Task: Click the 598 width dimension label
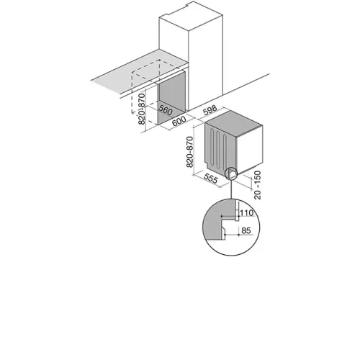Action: point(210,110)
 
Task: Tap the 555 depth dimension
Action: point(211,179)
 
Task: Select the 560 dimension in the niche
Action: point(165,110)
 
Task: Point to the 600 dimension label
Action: point(179,121)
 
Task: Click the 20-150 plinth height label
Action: point(257,185)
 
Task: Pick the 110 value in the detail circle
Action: point(246,212)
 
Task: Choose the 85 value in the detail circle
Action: point(246,230)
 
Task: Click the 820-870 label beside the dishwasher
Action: point(189,152)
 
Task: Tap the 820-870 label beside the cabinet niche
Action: point(142,109)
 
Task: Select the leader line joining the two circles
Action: point(231,189)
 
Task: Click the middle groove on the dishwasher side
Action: point(218,150)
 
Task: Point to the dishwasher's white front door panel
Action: point(249,149)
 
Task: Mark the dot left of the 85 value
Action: point(225,234)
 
